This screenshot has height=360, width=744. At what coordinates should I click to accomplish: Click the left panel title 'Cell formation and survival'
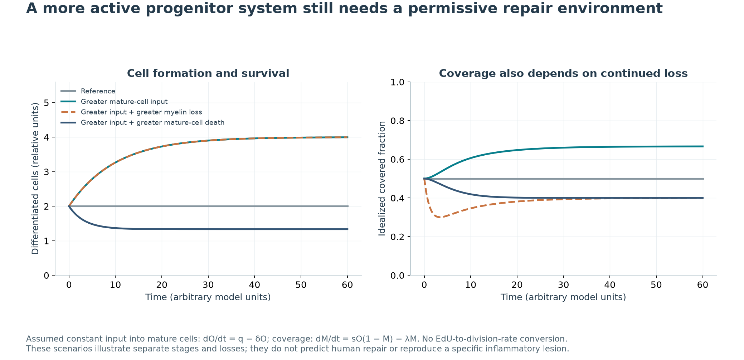click(x=208, y=73)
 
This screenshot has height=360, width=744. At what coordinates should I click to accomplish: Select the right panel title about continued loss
click(x=563, y=73)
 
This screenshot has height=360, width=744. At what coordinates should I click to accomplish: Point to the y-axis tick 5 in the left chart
click(x=47, y=103)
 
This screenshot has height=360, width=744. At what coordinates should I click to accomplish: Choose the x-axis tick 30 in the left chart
click(x=208, y=285)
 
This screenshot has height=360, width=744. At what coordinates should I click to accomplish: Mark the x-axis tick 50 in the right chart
click(x=656, y=285)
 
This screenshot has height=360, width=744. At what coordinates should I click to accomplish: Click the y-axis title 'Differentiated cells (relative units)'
click(x=35, y=179)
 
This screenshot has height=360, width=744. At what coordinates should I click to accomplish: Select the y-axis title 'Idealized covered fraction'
click(x=382, y=179)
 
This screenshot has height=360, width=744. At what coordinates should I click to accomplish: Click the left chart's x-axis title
click(x=208, y=297)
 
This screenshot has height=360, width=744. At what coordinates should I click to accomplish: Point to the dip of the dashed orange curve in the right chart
click(x=440, y=217)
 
